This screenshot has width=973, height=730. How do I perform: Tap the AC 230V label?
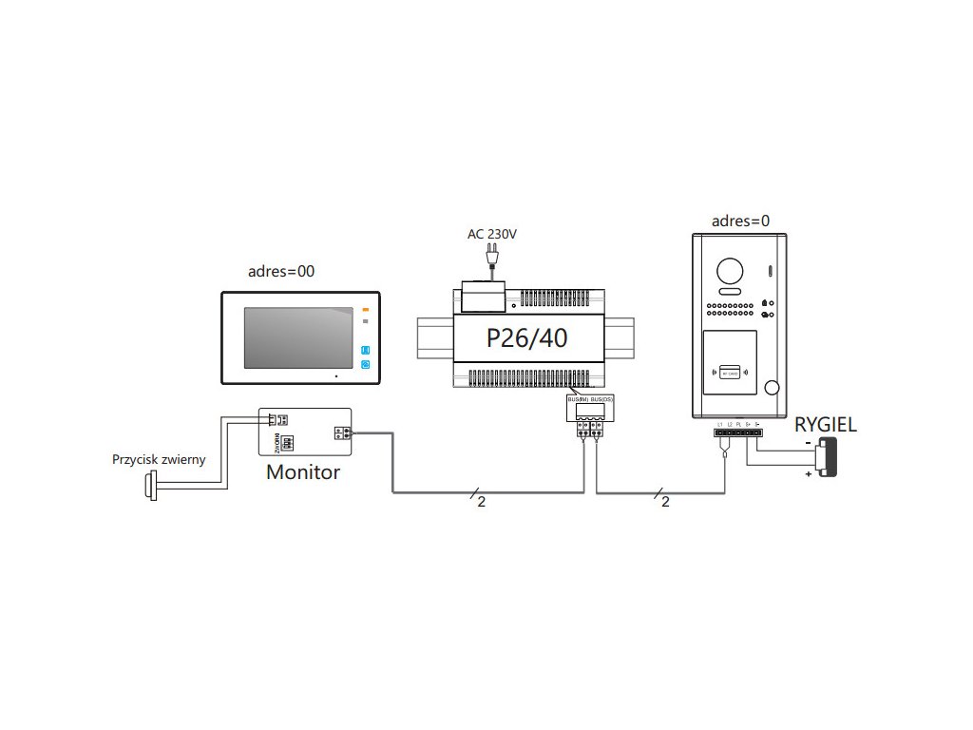[x=492, y=233]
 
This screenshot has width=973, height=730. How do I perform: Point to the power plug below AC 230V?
[x=494, y=257]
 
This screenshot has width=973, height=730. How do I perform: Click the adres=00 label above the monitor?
[x=281, y=271]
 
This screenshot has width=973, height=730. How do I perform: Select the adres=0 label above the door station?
[x=741, y=221]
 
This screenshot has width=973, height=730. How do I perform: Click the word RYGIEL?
[x=826, y=425]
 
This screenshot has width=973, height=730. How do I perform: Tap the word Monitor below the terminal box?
[x=303, y=471]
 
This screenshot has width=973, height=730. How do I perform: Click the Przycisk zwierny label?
[x=159, y=459]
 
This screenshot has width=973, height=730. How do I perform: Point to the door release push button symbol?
[x=149, y=487]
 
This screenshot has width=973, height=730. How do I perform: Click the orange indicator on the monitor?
[x=365, y=309]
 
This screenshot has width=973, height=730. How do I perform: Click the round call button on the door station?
[x=772, y=389]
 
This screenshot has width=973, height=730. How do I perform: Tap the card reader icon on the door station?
[x=729, y=374]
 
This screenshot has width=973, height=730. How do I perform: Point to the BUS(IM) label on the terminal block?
[x=578, y=399]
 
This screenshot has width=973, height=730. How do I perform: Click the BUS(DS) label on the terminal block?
[x=601, y=399]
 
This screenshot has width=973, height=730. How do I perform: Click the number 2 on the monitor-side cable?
[x=481, y=503]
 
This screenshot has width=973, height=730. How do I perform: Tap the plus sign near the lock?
[x=809, y=471]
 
